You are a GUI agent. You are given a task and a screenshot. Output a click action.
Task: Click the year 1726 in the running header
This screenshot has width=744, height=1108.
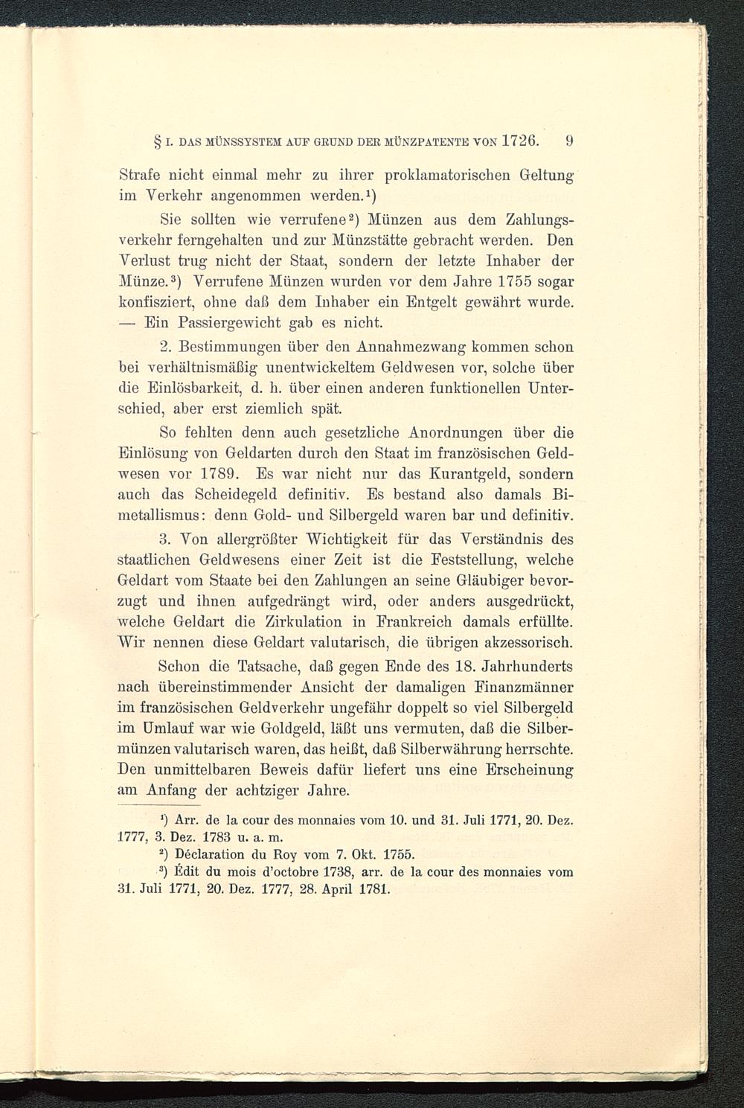pos(527,139)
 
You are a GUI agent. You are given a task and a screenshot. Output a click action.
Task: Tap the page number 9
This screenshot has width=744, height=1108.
pos(569,139)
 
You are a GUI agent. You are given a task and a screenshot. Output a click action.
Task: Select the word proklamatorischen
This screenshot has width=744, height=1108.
pos(447,179)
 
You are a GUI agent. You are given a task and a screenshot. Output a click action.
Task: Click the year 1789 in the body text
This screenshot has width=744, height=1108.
pos(219,473)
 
